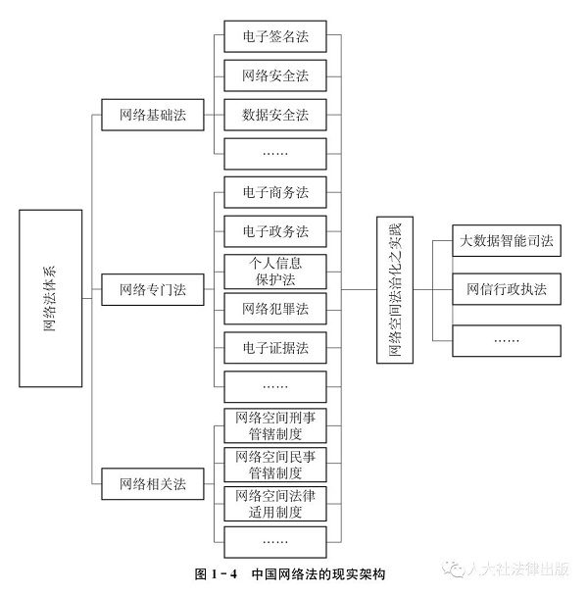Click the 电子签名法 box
coord(274,37)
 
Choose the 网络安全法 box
coord(274,75)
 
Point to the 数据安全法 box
coord(274,115)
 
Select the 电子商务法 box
coord(274,192)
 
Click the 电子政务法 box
coord(274,231)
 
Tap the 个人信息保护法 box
coord(274,271)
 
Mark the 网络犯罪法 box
coord(274,309)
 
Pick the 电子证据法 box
coord(274,347)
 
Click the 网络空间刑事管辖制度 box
coord(274,425)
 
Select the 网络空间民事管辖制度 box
coord(274,464)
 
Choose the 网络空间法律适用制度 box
coord(274,503)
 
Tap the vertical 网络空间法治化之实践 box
coord(396,290)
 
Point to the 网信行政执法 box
coord(507,290)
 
